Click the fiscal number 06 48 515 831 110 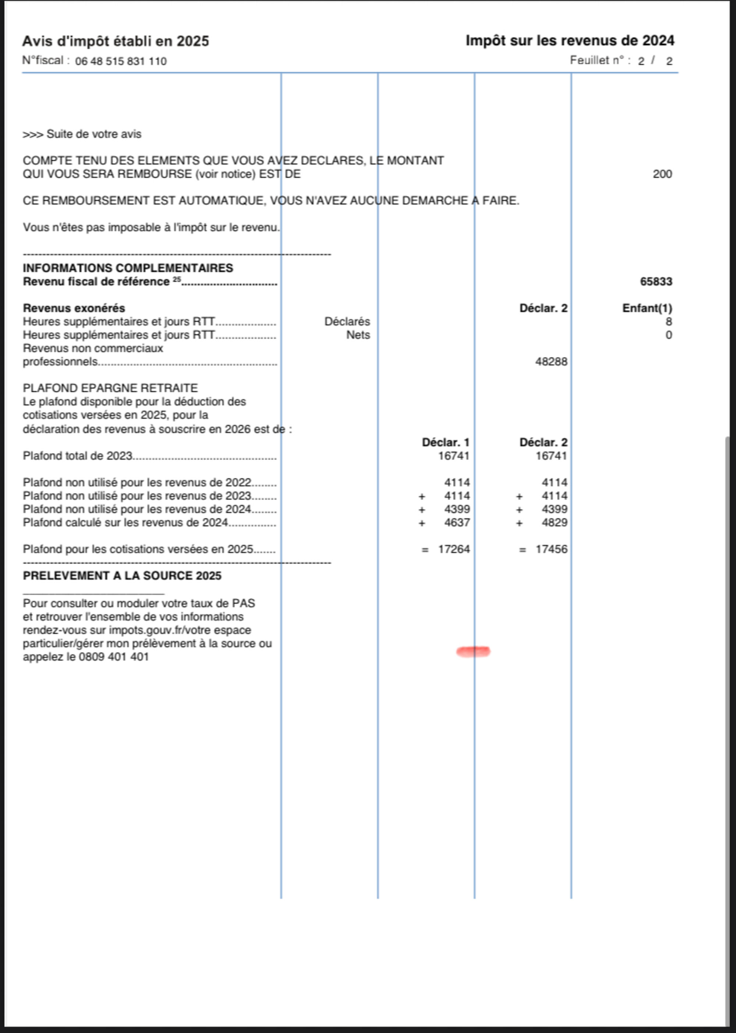click(121, 61)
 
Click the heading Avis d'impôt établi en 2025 click(116, 41)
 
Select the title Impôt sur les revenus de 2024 click(570, 41)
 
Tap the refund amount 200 click(662, 174)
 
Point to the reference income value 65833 click(656, 282)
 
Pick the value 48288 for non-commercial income click(551, 362)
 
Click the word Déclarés click(347, 322)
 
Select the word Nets click(358, 335)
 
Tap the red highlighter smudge click(473, 652)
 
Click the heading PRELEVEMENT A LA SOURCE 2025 click(122, 576)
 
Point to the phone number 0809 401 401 click(114, 657)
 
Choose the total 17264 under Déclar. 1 click(454, 549)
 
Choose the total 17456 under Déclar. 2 click(551, 549)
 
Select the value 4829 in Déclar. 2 click(554, 523)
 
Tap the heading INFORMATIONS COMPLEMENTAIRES click(128, 268)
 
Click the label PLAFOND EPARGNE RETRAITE click(110, 389)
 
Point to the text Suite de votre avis click(94, 134)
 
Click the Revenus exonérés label click(74, 308)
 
